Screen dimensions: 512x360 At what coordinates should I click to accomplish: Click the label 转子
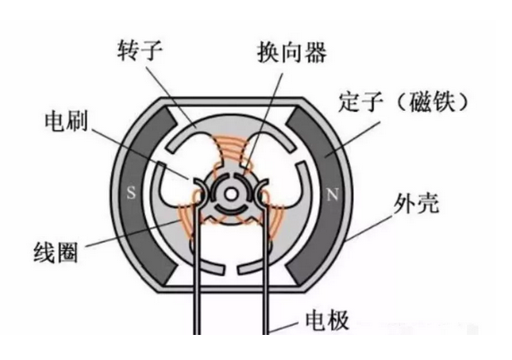click(x=140, y=51)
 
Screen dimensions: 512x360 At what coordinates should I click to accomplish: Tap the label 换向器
click(x=292, y=52)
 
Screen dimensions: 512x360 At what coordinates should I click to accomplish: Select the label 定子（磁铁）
click(x=403, y=103)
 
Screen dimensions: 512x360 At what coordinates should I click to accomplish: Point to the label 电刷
click(x=66, y=120)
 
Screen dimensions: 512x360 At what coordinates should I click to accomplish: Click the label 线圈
click(x=55, y=253)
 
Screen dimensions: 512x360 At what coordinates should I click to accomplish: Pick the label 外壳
click(x=416, y=203)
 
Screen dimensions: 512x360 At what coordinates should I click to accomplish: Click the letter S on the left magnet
click(x=131, y=193)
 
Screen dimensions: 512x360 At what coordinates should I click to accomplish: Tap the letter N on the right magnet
click(x=333, y=194)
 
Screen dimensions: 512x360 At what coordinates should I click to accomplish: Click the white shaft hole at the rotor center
click(x=231, y=194)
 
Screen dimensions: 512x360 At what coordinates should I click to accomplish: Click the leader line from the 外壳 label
click(x=368, y=227)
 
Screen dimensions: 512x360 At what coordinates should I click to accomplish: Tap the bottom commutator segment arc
click(x=231, y=210)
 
